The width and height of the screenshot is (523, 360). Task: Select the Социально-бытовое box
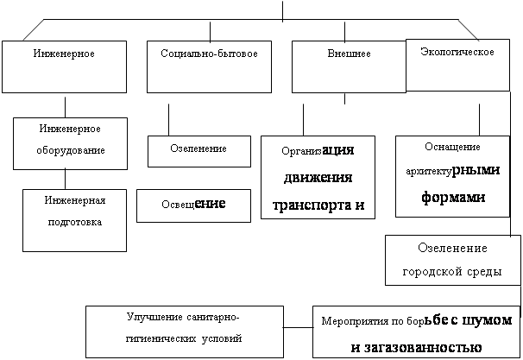point(210,66)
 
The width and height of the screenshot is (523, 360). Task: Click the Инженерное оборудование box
point(70,140)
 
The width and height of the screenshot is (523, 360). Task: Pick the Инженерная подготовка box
point(76,219)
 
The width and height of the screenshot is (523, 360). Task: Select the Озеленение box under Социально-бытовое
point(198,149)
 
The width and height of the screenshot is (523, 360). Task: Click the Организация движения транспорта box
point(318,177)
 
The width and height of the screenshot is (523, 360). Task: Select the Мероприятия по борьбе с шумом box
point(415,332)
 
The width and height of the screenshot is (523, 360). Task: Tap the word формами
point(451,196)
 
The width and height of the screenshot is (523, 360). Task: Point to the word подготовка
point(75,222)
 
